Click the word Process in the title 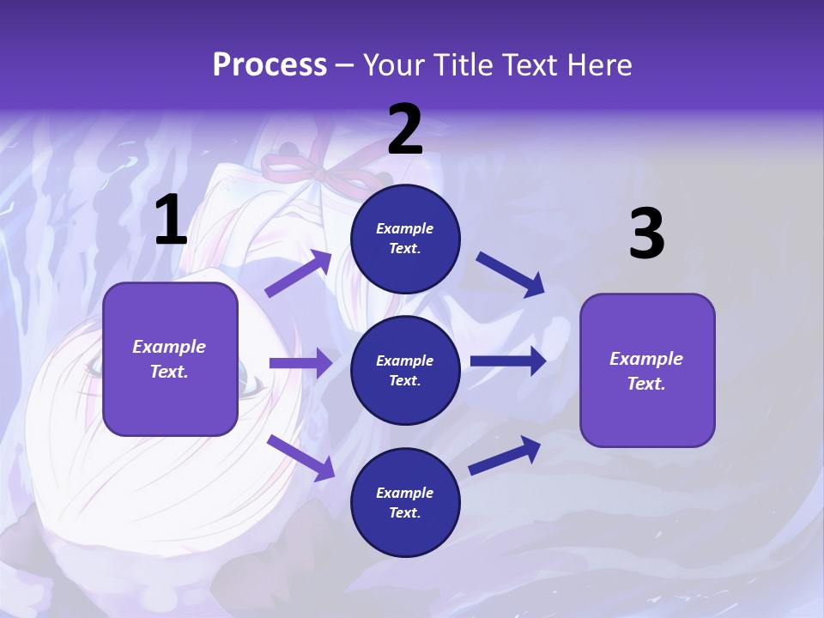(x=270, y=65)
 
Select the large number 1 (x=171, y=221)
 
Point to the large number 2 (x=405, y=130)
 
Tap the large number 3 (x=646, y=234)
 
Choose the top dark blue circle (x=405, y=239)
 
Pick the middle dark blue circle (x=405, y=370)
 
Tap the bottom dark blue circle (x=405, y=502)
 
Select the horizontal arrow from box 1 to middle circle (x=300, y=363)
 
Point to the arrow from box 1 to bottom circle (x=301, y=457)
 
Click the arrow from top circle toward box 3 (x=510, y=274)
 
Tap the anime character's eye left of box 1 (x=92, y=367)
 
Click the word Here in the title (x=601, y=65)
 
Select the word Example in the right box (x=646, y=359)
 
